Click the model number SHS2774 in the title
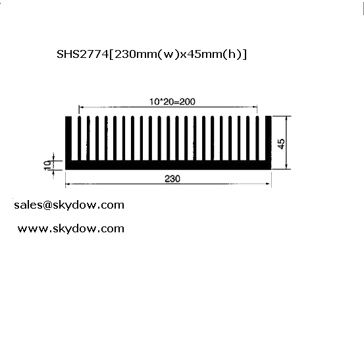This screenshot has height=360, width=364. [x=83, y=55]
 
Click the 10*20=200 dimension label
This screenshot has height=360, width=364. [x=172, y=101]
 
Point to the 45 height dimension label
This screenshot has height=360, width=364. [x=281, y=144]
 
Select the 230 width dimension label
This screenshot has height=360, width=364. [x=172, y=179]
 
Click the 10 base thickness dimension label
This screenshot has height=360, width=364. [x=47, y=165]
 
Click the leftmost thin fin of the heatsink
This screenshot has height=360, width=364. [x=80, y=138]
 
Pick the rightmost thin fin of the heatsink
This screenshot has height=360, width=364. [x=257, y=138]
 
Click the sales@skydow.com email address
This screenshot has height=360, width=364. [x=69, y=205]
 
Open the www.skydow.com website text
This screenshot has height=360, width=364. [x=71, y=229]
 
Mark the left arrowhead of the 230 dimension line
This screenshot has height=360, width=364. [x=67, y=184]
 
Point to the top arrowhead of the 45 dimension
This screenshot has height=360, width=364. [x=287, y=118]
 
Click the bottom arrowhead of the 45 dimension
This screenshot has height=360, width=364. [x=287, y=167]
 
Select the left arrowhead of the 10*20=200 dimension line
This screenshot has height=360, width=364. [x=81, y=107]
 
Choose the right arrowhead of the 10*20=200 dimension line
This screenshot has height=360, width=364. [x=255, y=107]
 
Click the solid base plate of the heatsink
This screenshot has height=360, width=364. [x=169, y=165]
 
